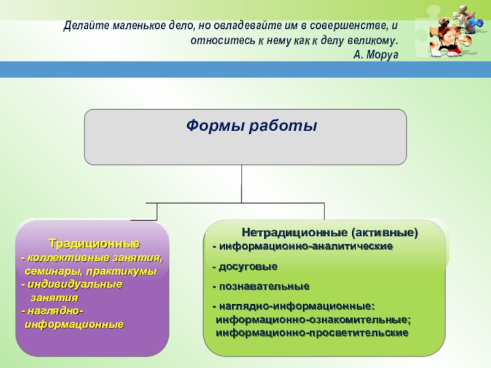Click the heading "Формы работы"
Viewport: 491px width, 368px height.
pyautogui.click(x=252, y=126)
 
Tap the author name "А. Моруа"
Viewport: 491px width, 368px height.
pyautogui.click(x=376, y=54)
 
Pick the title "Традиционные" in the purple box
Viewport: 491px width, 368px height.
pyautogui.click(x=94, y=243)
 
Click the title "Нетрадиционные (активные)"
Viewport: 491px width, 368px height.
pyautogui.click(x=330, y=233)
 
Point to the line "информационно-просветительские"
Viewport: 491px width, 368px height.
pyautogui.click(x=312, y=332)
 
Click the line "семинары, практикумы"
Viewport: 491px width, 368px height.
pyautogui.click(x=91, y=270)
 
